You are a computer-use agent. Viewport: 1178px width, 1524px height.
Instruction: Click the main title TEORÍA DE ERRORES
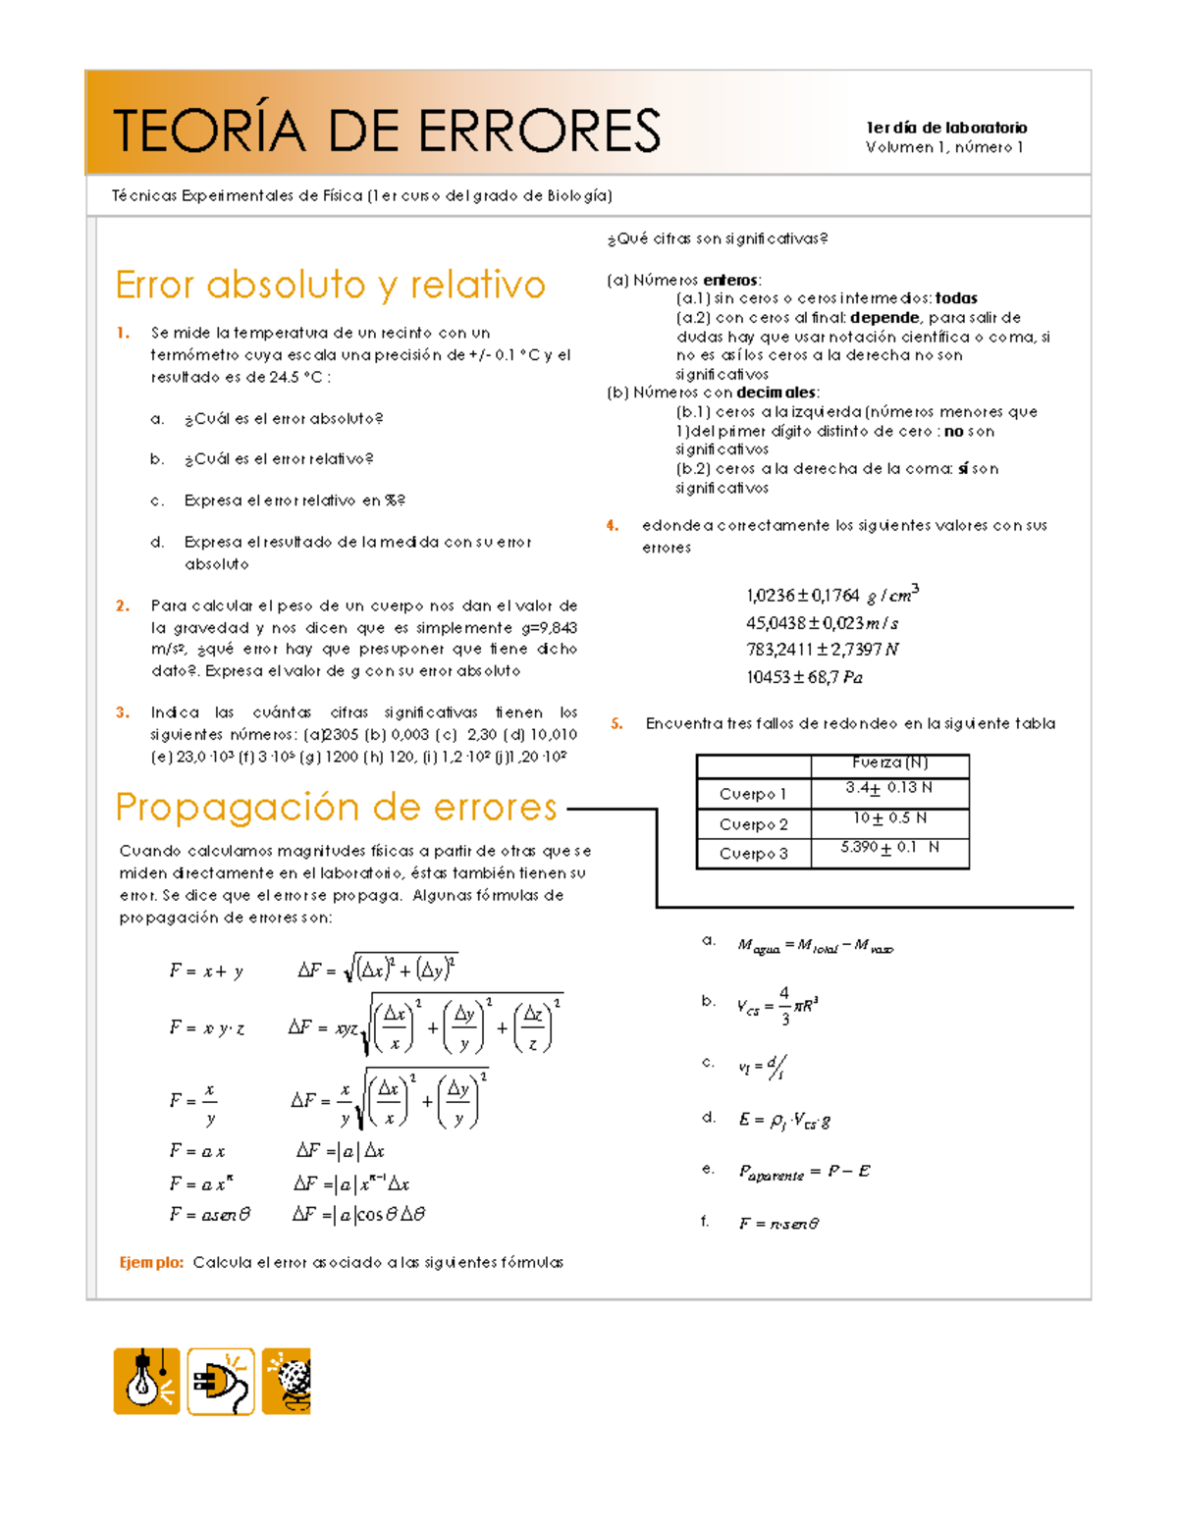(x=387, y=131)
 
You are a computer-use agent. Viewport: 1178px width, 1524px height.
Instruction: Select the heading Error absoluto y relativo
(x=330, y=285)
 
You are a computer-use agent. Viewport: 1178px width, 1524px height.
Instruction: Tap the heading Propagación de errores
(x=336, y=807)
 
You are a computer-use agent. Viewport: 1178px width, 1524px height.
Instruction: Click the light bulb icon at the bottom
(x=146, y=1381)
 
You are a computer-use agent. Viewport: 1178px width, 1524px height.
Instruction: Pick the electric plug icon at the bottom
(x=221, y=1382)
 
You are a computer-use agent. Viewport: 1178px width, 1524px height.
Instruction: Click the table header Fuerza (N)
(x=889, y=762)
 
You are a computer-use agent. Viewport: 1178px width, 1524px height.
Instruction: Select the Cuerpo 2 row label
(x=753, y=824)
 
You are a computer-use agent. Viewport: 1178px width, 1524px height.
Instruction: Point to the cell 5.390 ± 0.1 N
(x=889, y=848)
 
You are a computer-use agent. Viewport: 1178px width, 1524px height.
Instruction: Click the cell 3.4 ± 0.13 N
(x=889, y=788)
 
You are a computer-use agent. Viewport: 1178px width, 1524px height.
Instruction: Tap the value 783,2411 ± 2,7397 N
(x=822, y=650)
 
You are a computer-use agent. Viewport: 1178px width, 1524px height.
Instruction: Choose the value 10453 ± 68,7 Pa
(x=804, y=677)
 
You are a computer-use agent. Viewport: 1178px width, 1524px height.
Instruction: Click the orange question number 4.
(x=613, y=526)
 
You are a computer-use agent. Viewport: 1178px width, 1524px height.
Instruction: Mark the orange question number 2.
(x=123, y=606)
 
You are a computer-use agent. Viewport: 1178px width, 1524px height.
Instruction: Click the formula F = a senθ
(x=209, y=1215)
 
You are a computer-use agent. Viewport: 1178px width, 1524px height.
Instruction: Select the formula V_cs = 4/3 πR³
(x=777, y=1006)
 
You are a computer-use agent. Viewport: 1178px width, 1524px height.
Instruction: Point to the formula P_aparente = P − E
(x=804, y=1172)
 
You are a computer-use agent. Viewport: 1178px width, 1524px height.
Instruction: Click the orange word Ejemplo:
(x=151, y=1263)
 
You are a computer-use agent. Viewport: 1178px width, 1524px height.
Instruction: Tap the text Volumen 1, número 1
(x=944, y=147)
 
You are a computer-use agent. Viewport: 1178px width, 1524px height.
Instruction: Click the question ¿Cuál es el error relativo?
(x=279, y=459)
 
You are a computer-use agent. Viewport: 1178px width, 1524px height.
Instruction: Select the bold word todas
(x=956, y=298)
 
